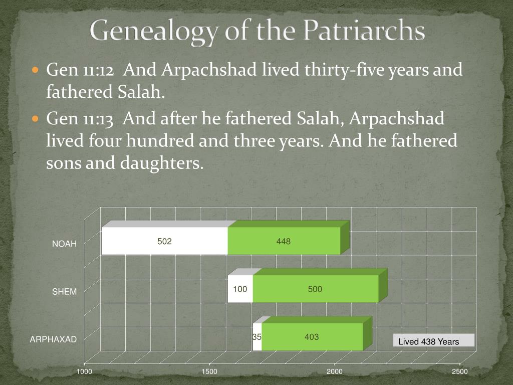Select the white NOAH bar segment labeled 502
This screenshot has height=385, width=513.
click(x=164, y=241)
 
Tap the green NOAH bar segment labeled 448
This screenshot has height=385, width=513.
click(x=284, y=241)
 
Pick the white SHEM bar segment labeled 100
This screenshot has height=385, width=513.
click(x=240, y=289)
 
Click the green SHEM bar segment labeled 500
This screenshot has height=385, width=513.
click(x=315, y=289)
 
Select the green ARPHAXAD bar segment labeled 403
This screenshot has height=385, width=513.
click(x=312, y=337)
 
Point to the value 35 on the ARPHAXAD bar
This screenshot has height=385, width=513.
click(x=257, y=337)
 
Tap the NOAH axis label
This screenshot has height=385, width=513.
click(x=65, y=244)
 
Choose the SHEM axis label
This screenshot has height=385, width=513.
click(x=65, y=292)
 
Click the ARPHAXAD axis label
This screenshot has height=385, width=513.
click(x=53, y=339)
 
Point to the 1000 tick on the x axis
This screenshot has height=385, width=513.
click(x=84, y=371)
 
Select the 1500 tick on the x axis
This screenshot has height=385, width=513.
click(x=209, y=371)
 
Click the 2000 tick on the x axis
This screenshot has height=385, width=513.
click(x=335, y=371)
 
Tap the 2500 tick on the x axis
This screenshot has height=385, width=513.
click(x=459, y=371)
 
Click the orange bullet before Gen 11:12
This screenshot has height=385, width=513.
click(x=36, y=70)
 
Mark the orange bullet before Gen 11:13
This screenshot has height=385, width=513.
click(x=36, y=119)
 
